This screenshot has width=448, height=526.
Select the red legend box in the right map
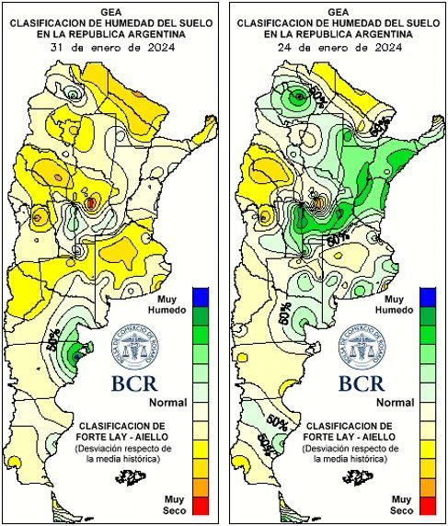(x=425, y=505)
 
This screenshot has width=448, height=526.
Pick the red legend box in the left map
(x=201, y=505)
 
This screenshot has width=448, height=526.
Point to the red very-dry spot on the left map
(x=91, y=200)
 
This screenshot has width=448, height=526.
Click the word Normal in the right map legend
(x=395, y=402)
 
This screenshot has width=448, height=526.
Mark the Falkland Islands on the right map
(x=354, y=475)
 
